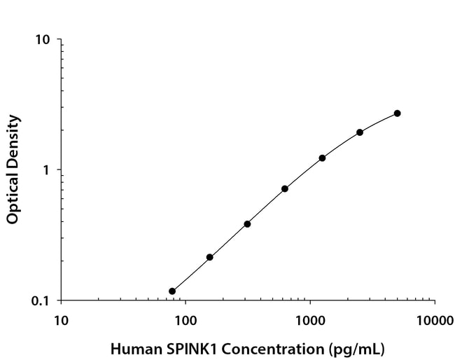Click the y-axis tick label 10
pyautogui.click(x=43, y=39)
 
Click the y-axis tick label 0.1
pyautogui.click(x=41, y=301)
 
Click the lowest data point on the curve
pyautogui.click(x=172, y=291)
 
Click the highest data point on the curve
pyautogui.click(x=397, y=113)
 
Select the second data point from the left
pyautogui.click(x=209, y=257)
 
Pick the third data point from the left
pyautogui.click(x=247, y=224)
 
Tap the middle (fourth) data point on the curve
pyautogui.click(x=285, y=188)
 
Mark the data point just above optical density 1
pyautogui.click(x=322, y=158)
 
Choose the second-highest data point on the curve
pyautogui.click(x=360, y=132)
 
